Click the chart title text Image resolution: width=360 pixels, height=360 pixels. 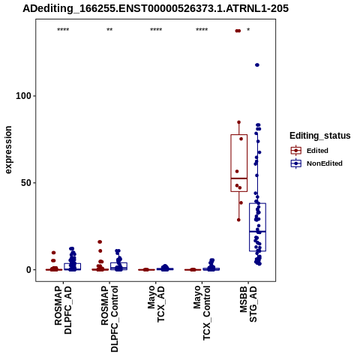155,8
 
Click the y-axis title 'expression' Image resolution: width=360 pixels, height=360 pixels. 8,150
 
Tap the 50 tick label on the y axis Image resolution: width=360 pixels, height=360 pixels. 27,183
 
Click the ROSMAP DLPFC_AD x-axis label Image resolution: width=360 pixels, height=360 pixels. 63,310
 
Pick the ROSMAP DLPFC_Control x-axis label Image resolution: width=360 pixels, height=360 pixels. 109,319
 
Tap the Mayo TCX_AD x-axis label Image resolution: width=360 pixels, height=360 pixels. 156,304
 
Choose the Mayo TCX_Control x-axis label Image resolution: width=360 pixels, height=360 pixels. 202,313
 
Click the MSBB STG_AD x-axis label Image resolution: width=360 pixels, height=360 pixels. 248,304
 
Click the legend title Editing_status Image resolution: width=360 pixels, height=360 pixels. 320,136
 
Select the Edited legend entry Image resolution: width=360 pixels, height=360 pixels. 309,151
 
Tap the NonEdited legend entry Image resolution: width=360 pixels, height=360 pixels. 316,163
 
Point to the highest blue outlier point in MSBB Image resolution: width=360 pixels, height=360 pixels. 257,65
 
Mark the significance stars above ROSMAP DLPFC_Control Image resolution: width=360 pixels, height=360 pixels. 109,30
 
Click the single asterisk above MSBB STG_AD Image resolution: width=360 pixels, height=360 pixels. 248,30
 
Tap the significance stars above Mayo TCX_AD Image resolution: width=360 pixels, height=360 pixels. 156,30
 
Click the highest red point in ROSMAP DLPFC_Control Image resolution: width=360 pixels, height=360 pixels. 100,241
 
